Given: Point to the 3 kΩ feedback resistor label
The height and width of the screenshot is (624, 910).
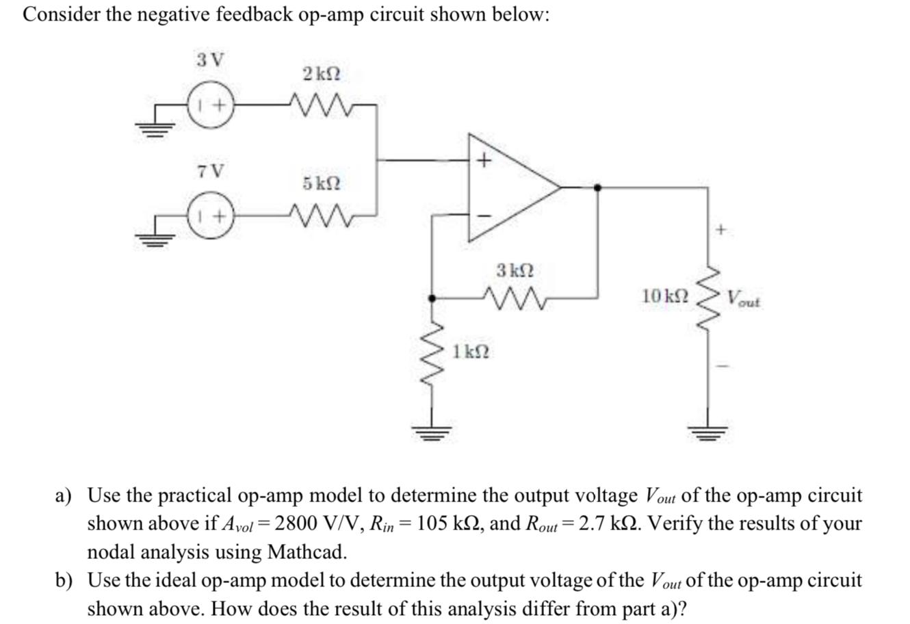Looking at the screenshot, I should [516, 270].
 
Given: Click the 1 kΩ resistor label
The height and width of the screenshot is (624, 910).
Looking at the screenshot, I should [471, 352].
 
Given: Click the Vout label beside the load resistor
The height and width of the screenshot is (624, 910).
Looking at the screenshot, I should [744, 299].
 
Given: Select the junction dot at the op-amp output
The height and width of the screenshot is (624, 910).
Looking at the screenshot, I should [598, 187].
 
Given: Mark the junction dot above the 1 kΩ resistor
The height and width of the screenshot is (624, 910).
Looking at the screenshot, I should [432, 298].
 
